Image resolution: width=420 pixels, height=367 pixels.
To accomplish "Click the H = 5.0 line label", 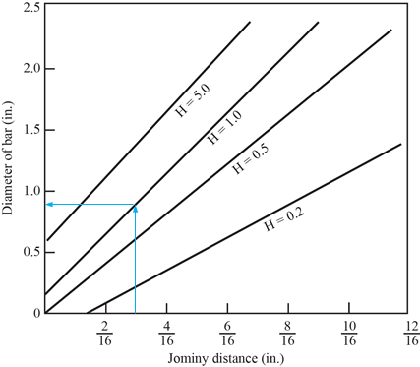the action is (193, 100).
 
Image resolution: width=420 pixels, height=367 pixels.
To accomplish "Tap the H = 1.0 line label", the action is (225, 127).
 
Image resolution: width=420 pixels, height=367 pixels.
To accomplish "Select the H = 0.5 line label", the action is (251, 158).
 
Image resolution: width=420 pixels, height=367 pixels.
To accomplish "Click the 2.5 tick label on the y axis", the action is (31, 7).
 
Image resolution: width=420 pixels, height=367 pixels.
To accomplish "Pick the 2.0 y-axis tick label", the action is (31, 69).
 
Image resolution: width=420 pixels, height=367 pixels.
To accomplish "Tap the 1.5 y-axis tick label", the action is (31, 130).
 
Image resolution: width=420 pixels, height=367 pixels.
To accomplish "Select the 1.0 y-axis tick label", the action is (31, 191).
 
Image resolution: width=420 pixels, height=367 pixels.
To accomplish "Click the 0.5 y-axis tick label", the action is (31, 252).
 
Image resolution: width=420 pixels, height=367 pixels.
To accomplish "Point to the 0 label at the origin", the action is (37, 313).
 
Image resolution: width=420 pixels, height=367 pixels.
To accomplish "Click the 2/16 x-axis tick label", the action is (105, 334).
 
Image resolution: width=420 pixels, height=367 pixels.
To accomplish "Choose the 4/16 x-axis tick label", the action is (166, 334).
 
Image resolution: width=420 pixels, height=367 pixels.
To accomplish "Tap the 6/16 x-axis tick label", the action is (227, 334).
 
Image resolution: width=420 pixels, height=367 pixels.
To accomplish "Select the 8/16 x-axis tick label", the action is (288, 334).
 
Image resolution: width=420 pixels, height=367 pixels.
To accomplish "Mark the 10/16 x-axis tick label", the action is (349, 334).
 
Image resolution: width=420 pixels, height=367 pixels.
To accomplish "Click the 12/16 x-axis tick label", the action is (411, 334).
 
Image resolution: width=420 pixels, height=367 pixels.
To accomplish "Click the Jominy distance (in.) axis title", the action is (226, 358).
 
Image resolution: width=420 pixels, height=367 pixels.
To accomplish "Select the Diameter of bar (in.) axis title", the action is (7, 158).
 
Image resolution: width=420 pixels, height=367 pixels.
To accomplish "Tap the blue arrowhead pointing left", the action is (50, 205).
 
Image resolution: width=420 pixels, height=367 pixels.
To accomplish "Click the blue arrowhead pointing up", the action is (136, 209).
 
